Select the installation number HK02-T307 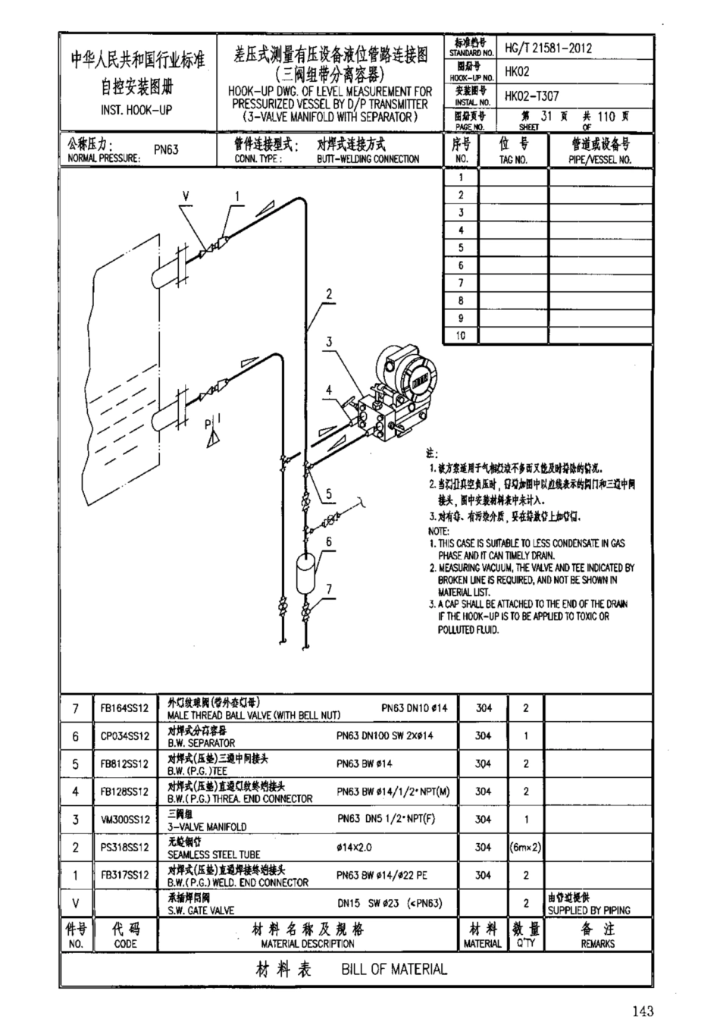pyautogui.click(x=532, y=96)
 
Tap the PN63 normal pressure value pyautogui.click(x=166, y=149)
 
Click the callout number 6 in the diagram pyautogui.click(x=329, y=541)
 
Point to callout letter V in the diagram pyautogui.click(x=185, y=196)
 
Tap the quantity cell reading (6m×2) pyautogui.click(x=525, y=847)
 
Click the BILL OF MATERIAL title pyautogui.click(x=393, y=969)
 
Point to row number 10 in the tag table pyautogui.click(x=460, y=336)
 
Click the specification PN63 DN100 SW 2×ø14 pyautogui.click(x=385, y=735)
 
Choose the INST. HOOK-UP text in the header pyautogui.click(x=136, y=110)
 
